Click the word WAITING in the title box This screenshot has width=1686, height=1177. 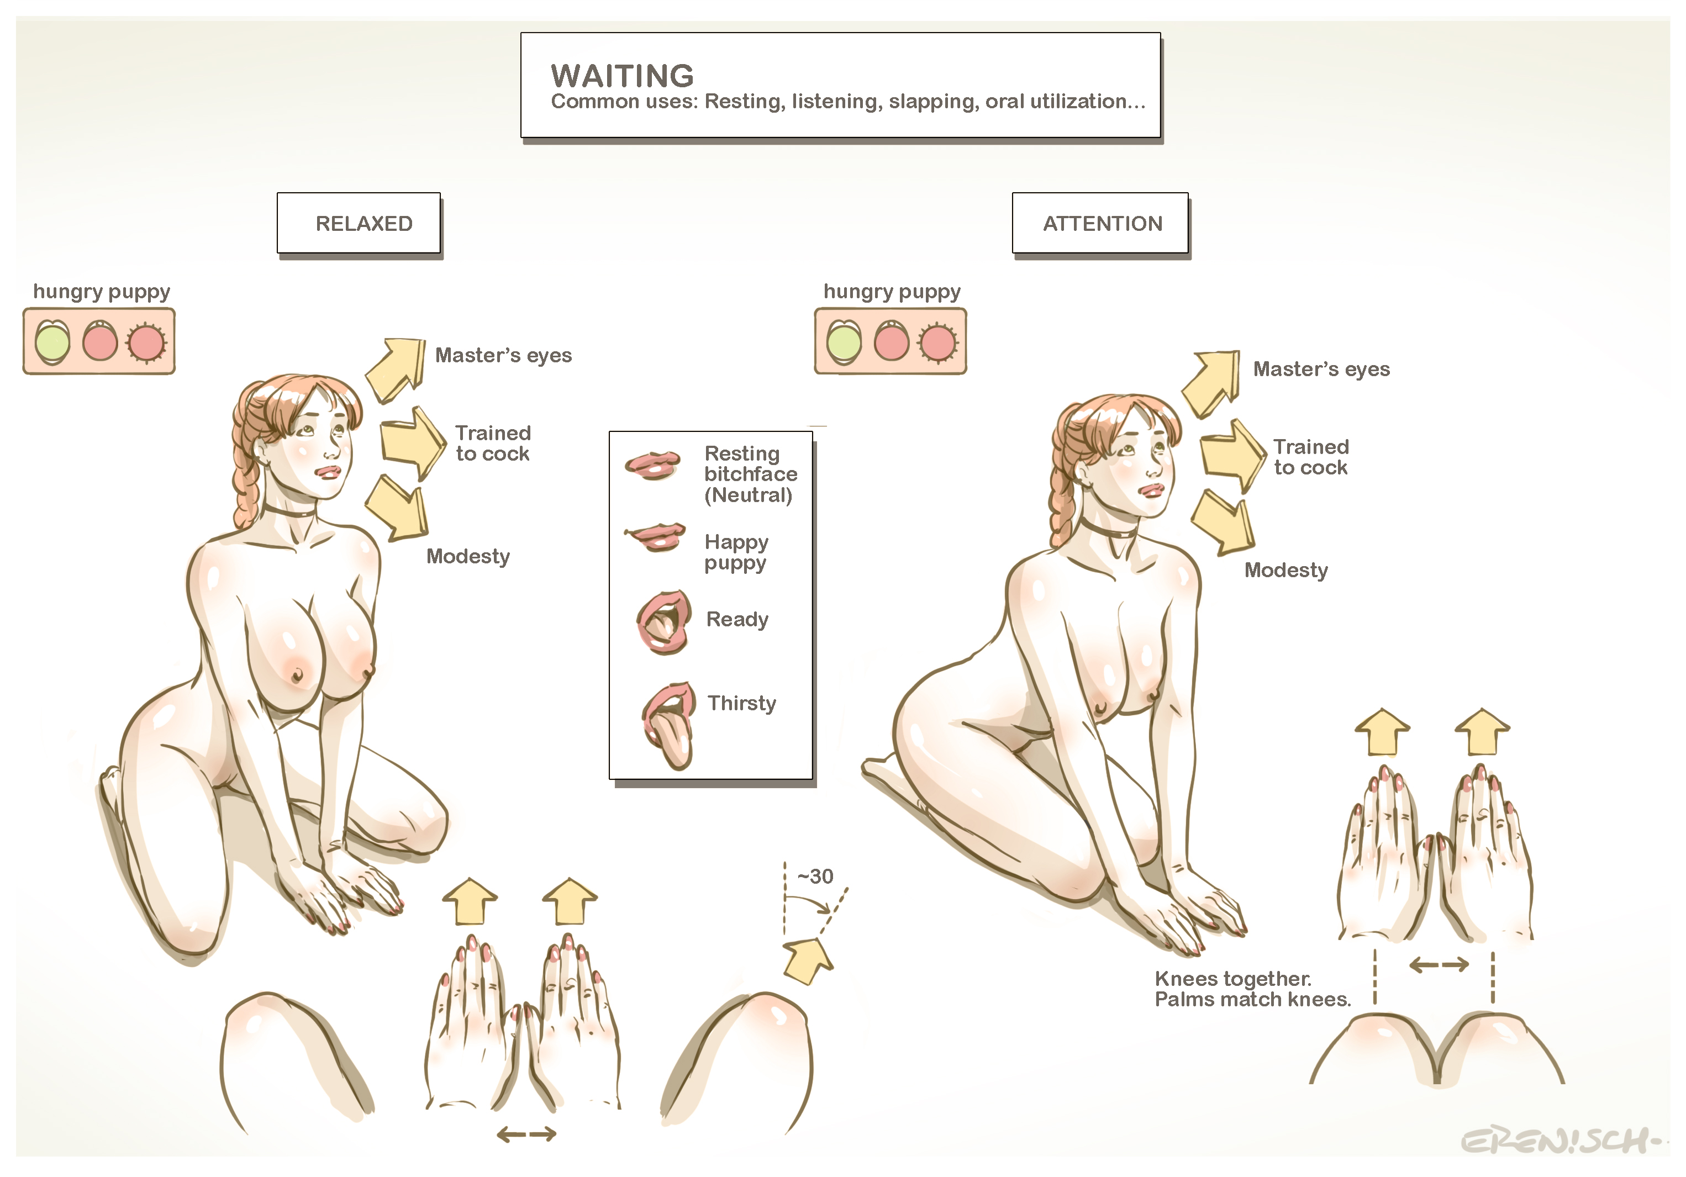(622, 76)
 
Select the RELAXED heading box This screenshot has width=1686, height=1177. (359, 223)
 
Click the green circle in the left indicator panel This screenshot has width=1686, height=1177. (52, 341)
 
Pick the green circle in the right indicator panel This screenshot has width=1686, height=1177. (844, 341)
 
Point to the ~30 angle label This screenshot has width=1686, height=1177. (815, 876)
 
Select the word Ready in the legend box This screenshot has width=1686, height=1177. (737, 619)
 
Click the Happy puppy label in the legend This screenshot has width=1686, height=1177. (736, 552)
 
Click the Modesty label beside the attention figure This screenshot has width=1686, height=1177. (1286, 570)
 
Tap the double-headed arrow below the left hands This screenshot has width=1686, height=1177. (526, 1134)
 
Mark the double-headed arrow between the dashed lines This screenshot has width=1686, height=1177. (1439, 965)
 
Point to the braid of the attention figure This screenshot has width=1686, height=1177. (1060, 484)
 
